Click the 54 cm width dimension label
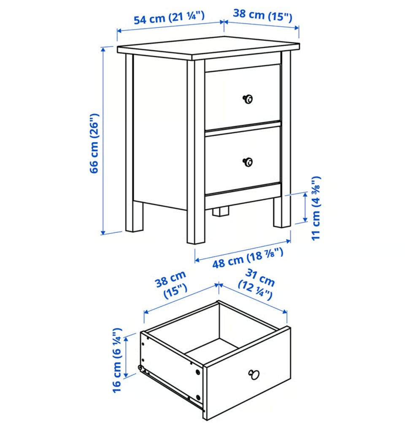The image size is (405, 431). [169, 18]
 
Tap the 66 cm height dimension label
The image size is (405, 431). [94, 143]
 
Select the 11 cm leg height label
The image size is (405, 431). [316, 208]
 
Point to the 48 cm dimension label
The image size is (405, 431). [247, 258]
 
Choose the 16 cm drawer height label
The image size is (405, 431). [117, 360]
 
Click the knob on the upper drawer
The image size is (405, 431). [248, 99]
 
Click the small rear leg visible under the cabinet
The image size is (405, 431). [221, 212]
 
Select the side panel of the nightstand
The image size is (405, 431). [160, 132]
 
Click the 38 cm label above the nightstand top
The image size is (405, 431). [262, 15]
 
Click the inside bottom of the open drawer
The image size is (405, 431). [211, 350]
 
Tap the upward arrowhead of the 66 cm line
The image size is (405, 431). [103, 49]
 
